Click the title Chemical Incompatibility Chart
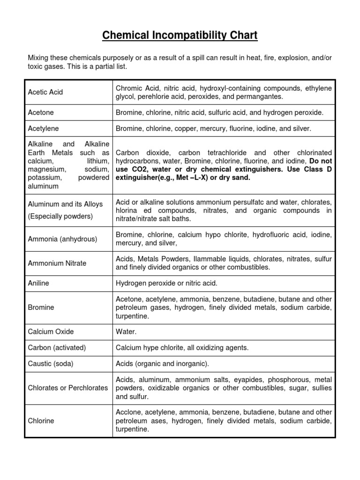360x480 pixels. (180, 36)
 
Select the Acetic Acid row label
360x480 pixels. (45, 92)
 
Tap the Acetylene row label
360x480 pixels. (44, 128)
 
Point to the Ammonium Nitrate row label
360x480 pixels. (57, 263)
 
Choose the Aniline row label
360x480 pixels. (38, 284)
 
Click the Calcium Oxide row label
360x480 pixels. (51, 332)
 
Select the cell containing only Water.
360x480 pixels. (126, 332)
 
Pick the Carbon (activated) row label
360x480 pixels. (57, 348)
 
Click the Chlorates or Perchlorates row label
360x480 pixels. (68, 388)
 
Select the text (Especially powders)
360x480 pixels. (60, 216)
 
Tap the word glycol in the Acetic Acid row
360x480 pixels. (126, 97)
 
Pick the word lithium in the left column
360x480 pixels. (98, 161)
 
